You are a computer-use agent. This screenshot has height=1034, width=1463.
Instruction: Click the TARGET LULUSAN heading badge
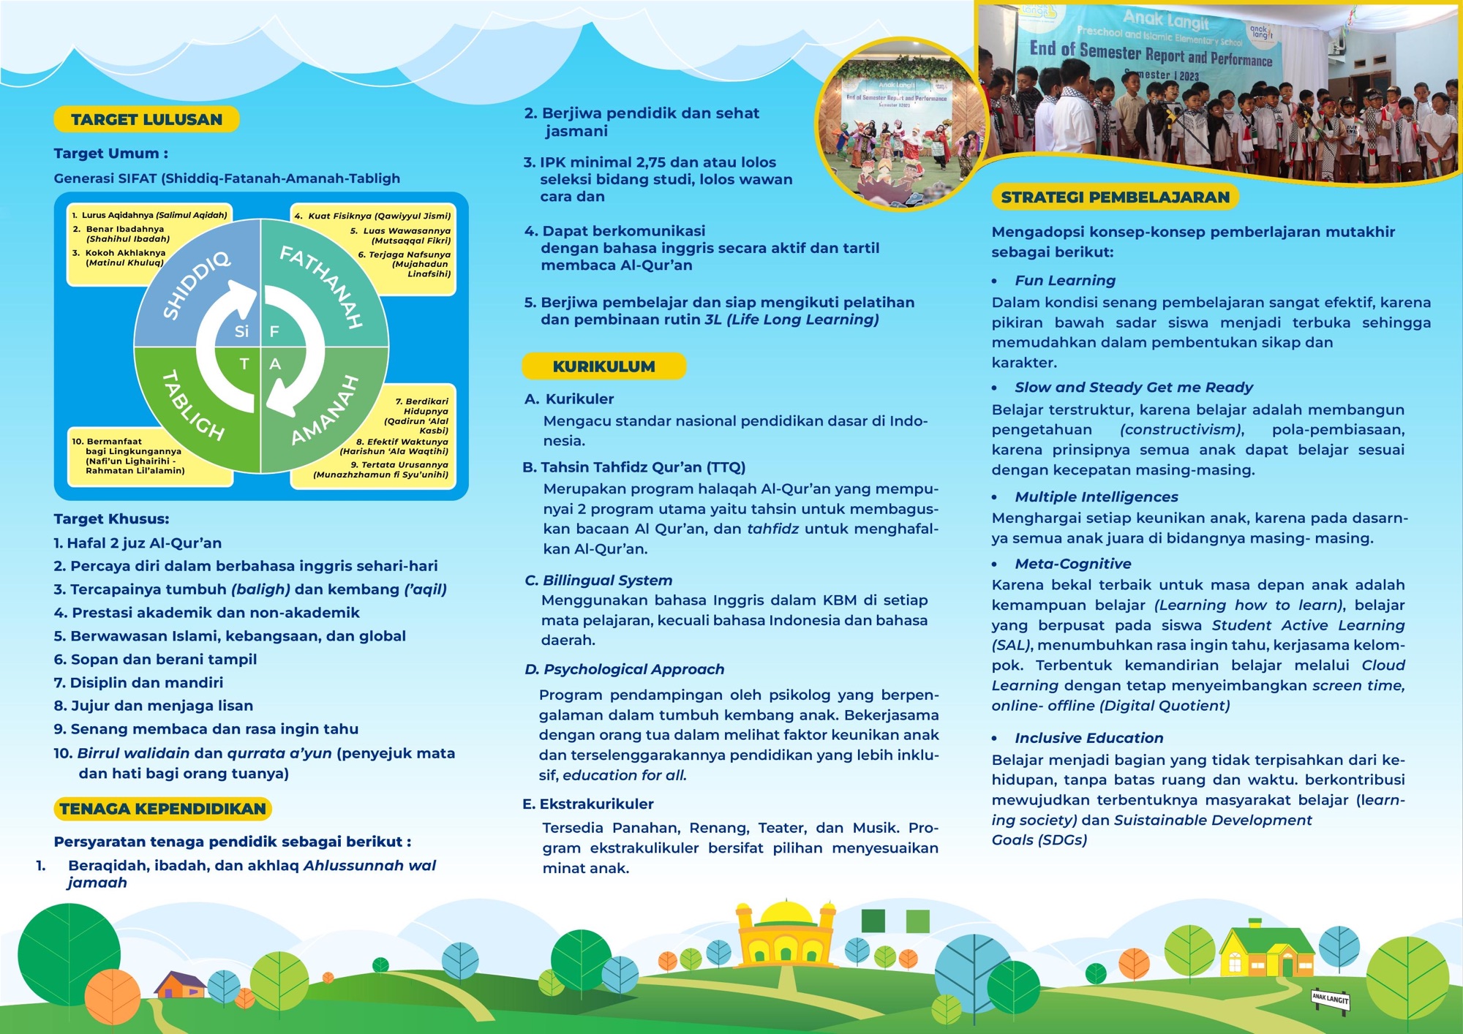tap(146, 119)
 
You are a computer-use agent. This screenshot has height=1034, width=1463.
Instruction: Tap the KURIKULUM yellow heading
tap(603, 366)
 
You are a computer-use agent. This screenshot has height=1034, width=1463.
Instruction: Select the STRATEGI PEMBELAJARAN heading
tap(1115, 197)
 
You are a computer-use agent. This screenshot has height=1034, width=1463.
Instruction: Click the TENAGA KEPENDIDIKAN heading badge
tap(162, 809)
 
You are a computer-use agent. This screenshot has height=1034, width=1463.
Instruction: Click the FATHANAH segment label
tap(323, 286)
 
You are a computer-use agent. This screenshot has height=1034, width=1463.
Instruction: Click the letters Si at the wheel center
tap(242, 331)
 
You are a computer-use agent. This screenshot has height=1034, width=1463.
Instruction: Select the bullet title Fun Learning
tap(1064, 280)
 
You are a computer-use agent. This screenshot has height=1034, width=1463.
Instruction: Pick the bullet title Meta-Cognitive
tap(1072, 564)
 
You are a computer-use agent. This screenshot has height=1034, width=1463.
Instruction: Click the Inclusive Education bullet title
tap(1088, 738)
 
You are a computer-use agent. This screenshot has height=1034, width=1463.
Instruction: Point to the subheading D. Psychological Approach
tap(624, 669)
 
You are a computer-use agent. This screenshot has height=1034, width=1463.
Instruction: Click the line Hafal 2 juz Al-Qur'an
tap(138, 543)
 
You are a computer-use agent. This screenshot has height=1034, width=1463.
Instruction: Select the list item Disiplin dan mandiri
tap(138, 682)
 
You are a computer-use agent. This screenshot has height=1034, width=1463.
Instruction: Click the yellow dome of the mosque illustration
tap(786, 913)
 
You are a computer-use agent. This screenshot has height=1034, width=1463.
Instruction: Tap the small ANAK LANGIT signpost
tap(1330, 999)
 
